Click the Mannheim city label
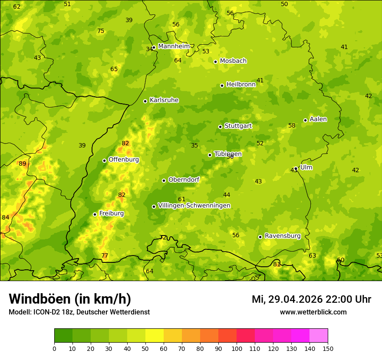[174, 46]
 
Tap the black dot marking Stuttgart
[220, 127]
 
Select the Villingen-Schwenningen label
[194, 206]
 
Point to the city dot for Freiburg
[95, 214]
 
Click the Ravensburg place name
[283, 236]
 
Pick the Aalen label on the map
[318, 119]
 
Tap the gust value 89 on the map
[23, 164]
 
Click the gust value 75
[101, 31]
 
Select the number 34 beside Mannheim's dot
[149, 49]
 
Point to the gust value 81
[277, 264]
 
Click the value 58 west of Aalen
[292, 126]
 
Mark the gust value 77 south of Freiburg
[105, 255]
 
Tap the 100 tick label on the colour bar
[237, 348]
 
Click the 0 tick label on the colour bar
[54, 348]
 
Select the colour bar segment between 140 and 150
[319, 336]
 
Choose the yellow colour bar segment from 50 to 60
[155, 336]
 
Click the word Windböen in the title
[40, 299]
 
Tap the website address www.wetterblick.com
[313, 312]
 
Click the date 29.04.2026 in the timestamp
[295, 299]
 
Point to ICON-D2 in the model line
[47, 312]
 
